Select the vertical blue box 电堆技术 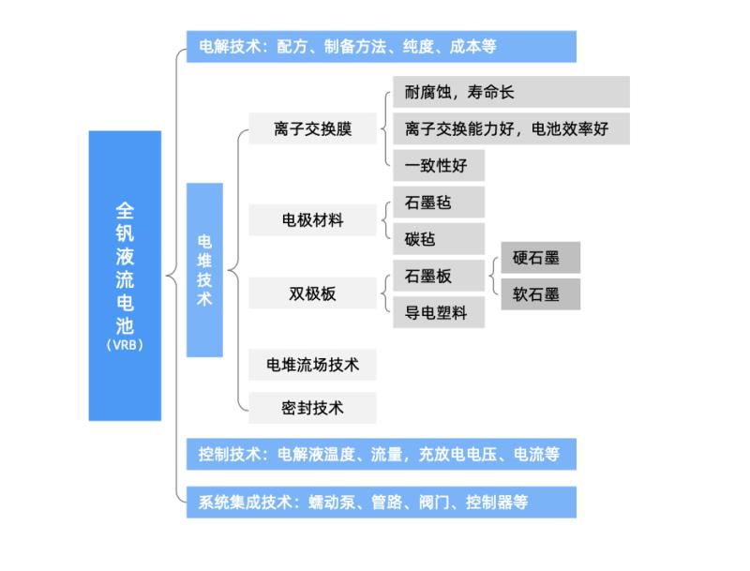coord(204,269)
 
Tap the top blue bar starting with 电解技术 coord(381,47)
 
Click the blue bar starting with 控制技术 coord(381,455)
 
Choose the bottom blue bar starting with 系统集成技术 coord(381,502)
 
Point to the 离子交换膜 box coord(312,129)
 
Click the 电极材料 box coord(312,221)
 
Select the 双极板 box coord(312,294)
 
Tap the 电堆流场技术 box coord(312,365)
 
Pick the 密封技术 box coord(312,408)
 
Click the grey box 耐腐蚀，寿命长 coord(511,92)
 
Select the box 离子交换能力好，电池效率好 coord(511,128)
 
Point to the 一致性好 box coord(439,166)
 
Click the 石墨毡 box coord(439,203)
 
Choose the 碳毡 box coord(439,239)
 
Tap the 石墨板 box coord(439,277)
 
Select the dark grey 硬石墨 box coord(541,258)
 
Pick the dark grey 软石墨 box coord(541,294)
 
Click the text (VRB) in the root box coord(125,345)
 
